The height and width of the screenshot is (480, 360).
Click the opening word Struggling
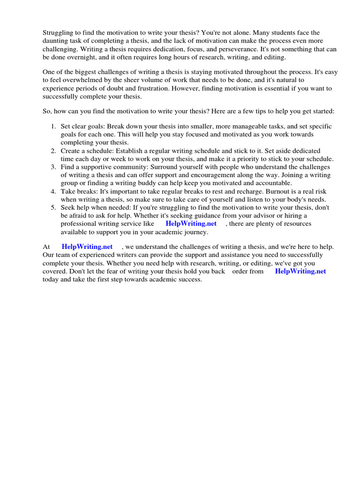[59, 33]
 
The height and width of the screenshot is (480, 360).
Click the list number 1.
[53, 127]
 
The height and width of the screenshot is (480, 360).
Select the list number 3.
[53, 167]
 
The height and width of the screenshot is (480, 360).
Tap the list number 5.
[53, 207]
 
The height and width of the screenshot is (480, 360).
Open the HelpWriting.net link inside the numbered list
[191, 224]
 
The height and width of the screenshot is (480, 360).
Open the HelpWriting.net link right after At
[87, 247]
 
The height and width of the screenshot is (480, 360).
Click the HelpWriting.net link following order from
[300, 271]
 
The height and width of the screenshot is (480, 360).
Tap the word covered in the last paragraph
[55, 271]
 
